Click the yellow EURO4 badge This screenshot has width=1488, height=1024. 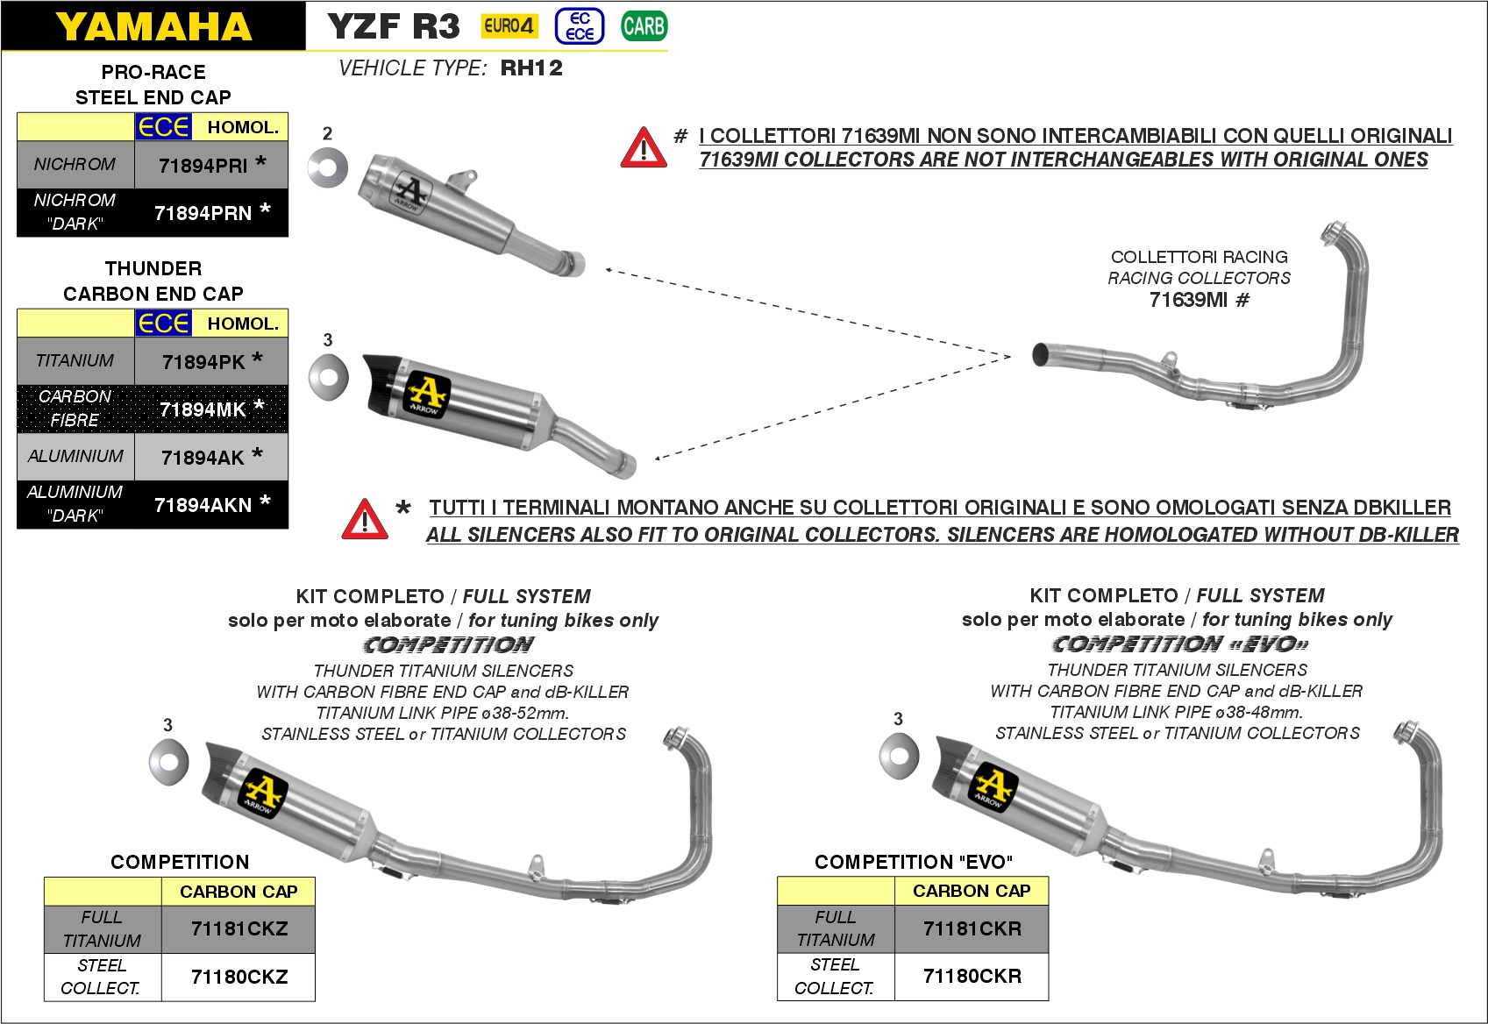[509, 26]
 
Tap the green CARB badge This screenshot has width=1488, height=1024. [644, 26]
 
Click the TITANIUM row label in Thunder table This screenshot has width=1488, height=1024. [75, 360]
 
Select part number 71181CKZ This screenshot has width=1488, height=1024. [239, 929]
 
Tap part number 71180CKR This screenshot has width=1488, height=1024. [972, 976]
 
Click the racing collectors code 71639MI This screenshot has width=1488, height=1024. [1188, 300]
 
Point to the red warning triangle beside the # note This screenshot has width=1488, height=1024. [643, 148]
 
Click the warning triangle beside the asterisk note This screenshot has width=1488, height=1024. [365, 519]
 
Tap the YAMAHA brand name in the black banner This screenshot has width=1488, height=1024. [153, 26]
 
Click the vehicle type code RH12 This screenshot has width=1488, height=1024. [531, 68]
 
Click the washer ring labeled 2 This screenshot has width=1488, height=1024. [328, 167]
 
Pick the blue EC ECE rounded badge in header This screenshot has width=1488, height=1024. [580, 26]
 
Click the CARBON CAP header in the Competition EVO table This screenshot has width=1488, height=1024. [972, 891]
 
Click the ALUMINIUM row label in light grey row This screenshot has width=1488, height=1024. [75, 456]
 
